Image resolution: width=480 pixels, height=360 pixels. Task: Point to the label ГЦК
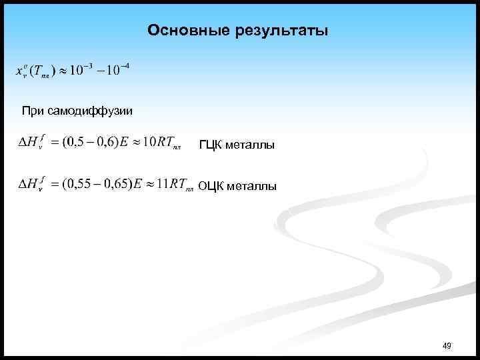tap(210, 145)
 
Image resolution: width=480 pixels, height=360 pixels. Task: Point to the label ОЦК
tap(211, 187)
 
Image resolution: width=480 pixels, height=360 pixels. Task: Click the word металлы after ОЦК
tap(252, 187)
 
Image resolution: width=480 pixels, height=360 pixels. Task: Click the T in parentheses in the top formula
tap(37, 72)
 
